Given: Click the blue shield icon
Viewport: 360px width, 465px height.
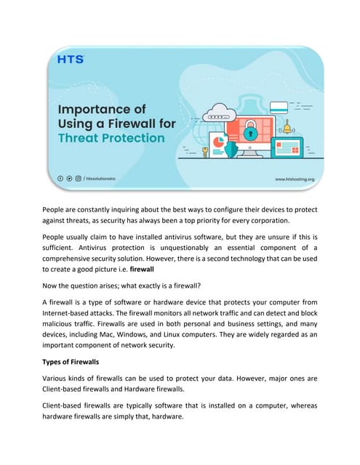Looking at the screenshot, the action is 231,148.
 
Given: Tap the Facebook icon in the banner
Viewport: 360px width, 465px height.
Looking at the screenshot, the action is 60,177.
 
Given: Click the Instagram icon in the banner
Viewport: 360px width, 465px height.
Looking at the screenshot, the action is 78,177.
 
